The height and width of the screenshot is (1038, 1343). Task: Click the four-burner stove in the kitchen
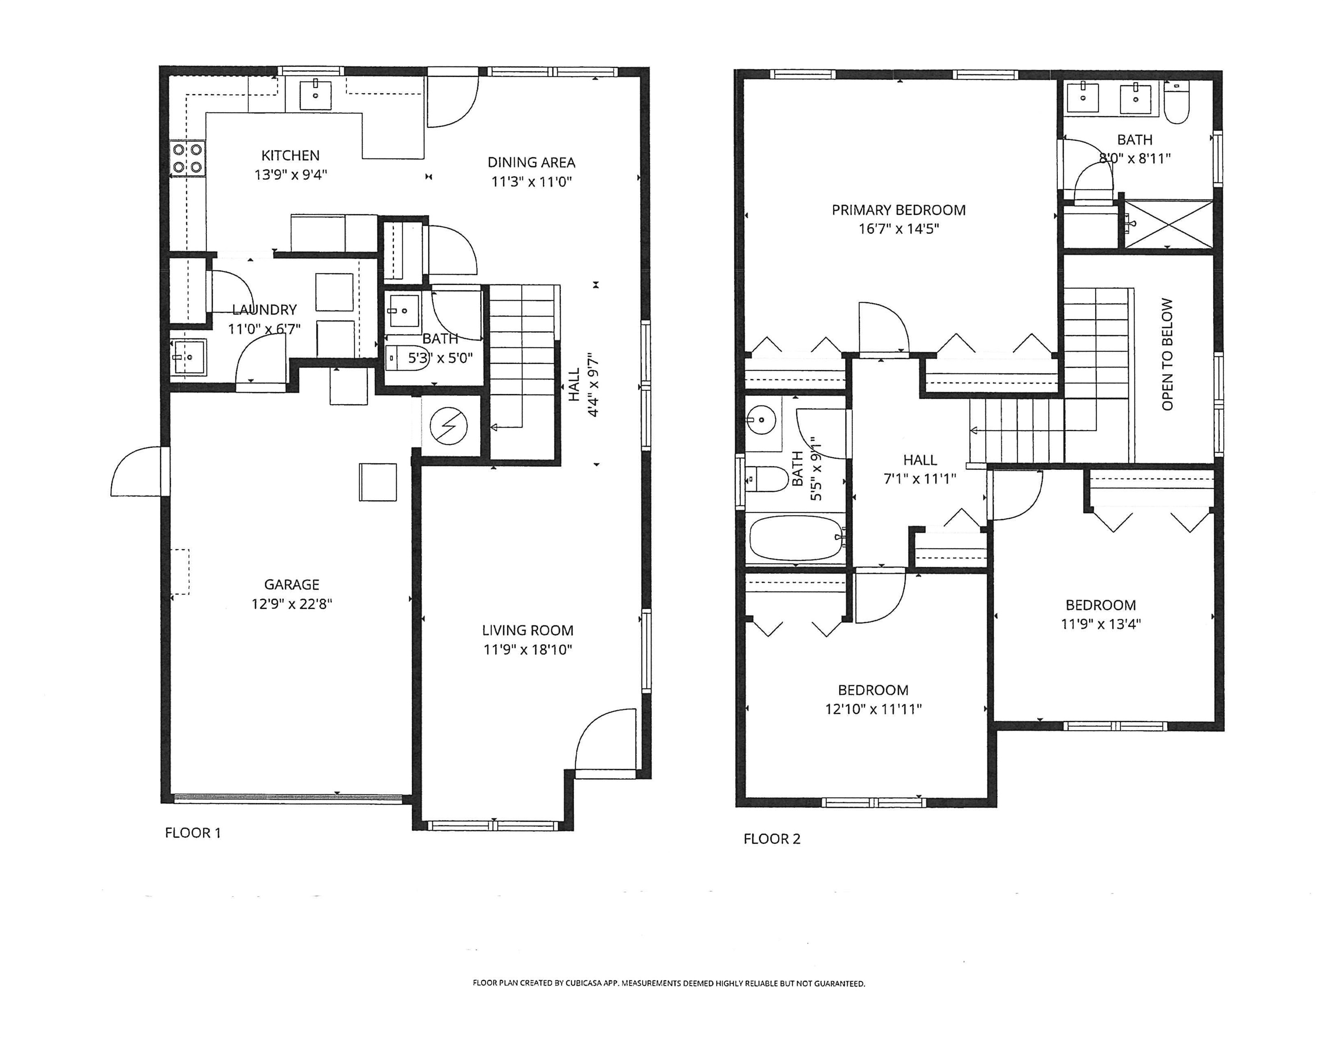coord(187,158)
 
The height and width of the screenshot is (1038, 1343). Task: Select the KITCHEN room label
coord(290,155)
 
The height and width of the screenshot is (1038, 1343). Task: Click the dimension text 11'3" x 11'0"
coord(531,182)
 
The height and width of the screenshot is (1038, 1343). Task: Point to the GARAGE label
coord(291,585)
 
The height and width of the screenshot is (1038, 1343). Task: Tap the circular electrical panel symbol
coord(448,426)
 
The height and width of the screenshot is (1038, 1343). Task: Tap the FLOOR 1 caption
coord(192,833)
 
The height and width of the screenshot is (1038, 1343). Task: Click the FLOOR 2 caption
coord(772,839)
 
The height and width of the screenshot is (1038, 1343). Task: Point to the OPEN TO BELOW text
coord(1167,355)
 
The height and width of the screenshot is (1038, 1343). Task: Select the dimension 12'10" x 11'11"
coord(873,710)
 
